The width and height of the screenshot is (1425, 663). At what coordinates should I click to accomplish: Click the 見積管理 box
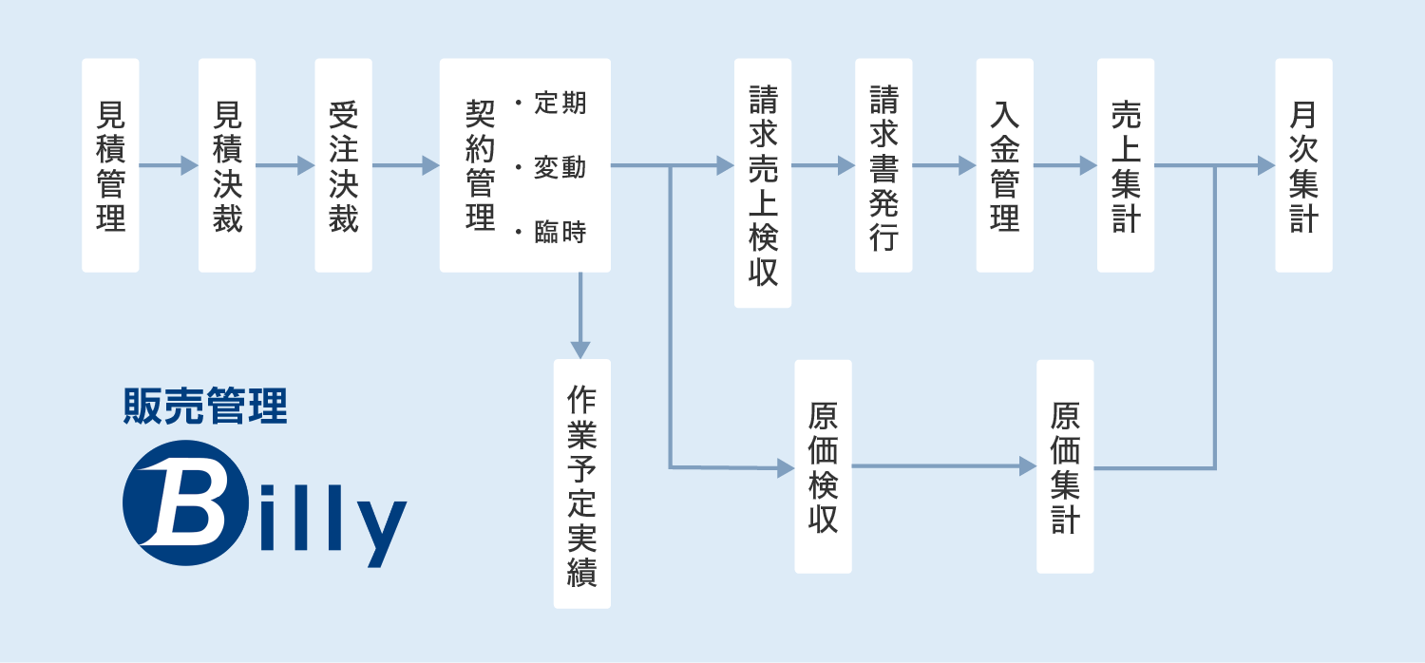click(x=110, y=166)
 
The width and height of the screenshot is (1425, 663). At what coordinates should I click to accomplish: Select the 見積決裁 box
click(x=227, y=166)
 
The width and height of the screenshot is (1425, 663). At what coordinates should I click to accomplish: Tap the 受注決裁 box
click(x=343, y=166)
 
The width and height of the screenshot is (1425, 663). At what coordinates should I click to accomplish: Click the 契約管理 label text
click(x=480, y=166)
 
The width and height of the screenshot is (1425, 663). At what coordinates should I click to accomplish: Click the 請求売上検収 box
click(x=763, y=183)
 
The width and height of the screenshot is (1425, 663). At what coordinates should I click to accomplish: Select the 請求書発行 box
click(x=883, y=166)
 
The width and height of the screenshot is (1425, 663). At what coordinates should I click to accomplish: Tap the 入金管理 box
click(x=1005, y=166)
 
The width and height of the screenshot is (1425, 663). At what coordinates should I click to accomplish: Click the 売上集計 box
click(x=1126, y=166)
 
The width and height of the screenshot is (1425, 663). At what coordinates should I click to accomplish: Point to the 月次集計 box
click(x=1303, y=166)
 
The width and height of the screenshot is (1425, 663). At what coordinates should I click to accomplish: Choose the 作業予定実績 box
click(x=581, y=483)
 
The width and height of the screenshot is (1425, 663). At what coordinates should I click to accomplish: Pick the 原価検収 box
click(x=823, y=466)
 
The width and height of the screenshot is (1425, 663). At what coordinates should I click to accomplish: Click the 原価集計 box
click(x=1065, y=466)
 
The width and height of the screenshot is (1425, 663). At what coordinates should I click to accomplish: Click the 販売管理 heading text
click(x=205, y=407)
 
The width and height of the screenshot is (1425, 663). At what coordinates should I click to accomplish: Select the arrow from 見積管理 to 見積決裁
click(x=168, y=166)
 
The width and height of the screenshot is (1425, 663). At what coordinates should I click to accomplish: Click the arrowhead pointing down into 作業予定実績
click(x=580, y=349)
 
